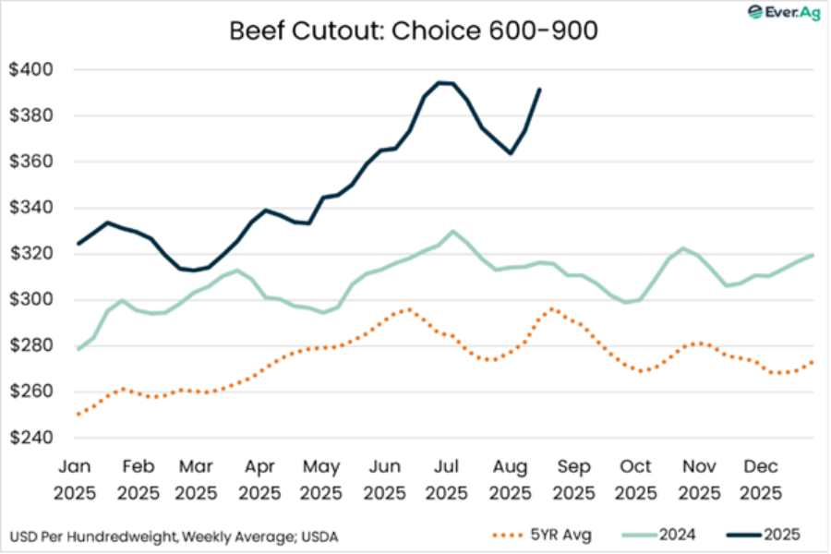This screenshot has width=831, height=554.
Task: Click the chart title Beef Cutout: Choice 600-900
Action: click(415, 30)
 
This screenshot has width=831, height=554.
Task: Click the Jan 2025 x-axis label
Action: click(76, 481)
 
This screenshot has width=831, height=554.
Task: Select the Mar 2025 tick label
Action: click(198, 481)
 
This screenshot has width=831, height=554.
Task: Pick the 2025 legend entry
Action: click(763, 535)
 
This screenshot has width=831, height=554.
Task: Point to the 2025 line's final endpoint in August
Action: click(539, 90)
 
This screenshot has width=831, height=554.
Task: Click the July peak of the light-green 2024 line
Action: click(452, 231)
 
